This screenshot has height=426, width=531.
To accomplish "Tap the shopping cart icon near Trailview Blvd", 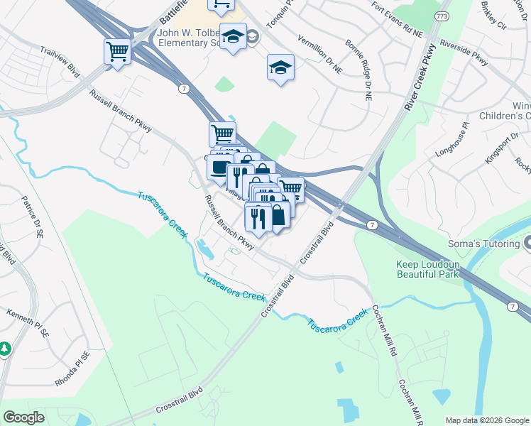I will (x=117, y=51).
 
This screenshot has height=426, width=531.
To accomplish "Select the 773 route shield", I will (x=443, y=15).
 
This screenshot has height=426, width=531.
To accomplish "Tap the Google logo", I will (x=23, y=417).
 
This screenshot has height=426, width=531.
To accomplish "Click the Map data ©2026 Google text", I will (x=487, y=420).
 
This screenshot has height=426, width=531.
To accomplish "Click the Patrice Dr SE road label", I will (x=33, y=217).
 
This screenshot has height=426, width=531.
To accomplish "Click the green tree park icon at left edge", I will (x=4, y=349).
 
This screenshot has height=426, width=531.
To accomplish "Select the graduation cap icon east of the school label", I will (x=280, y=68).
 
